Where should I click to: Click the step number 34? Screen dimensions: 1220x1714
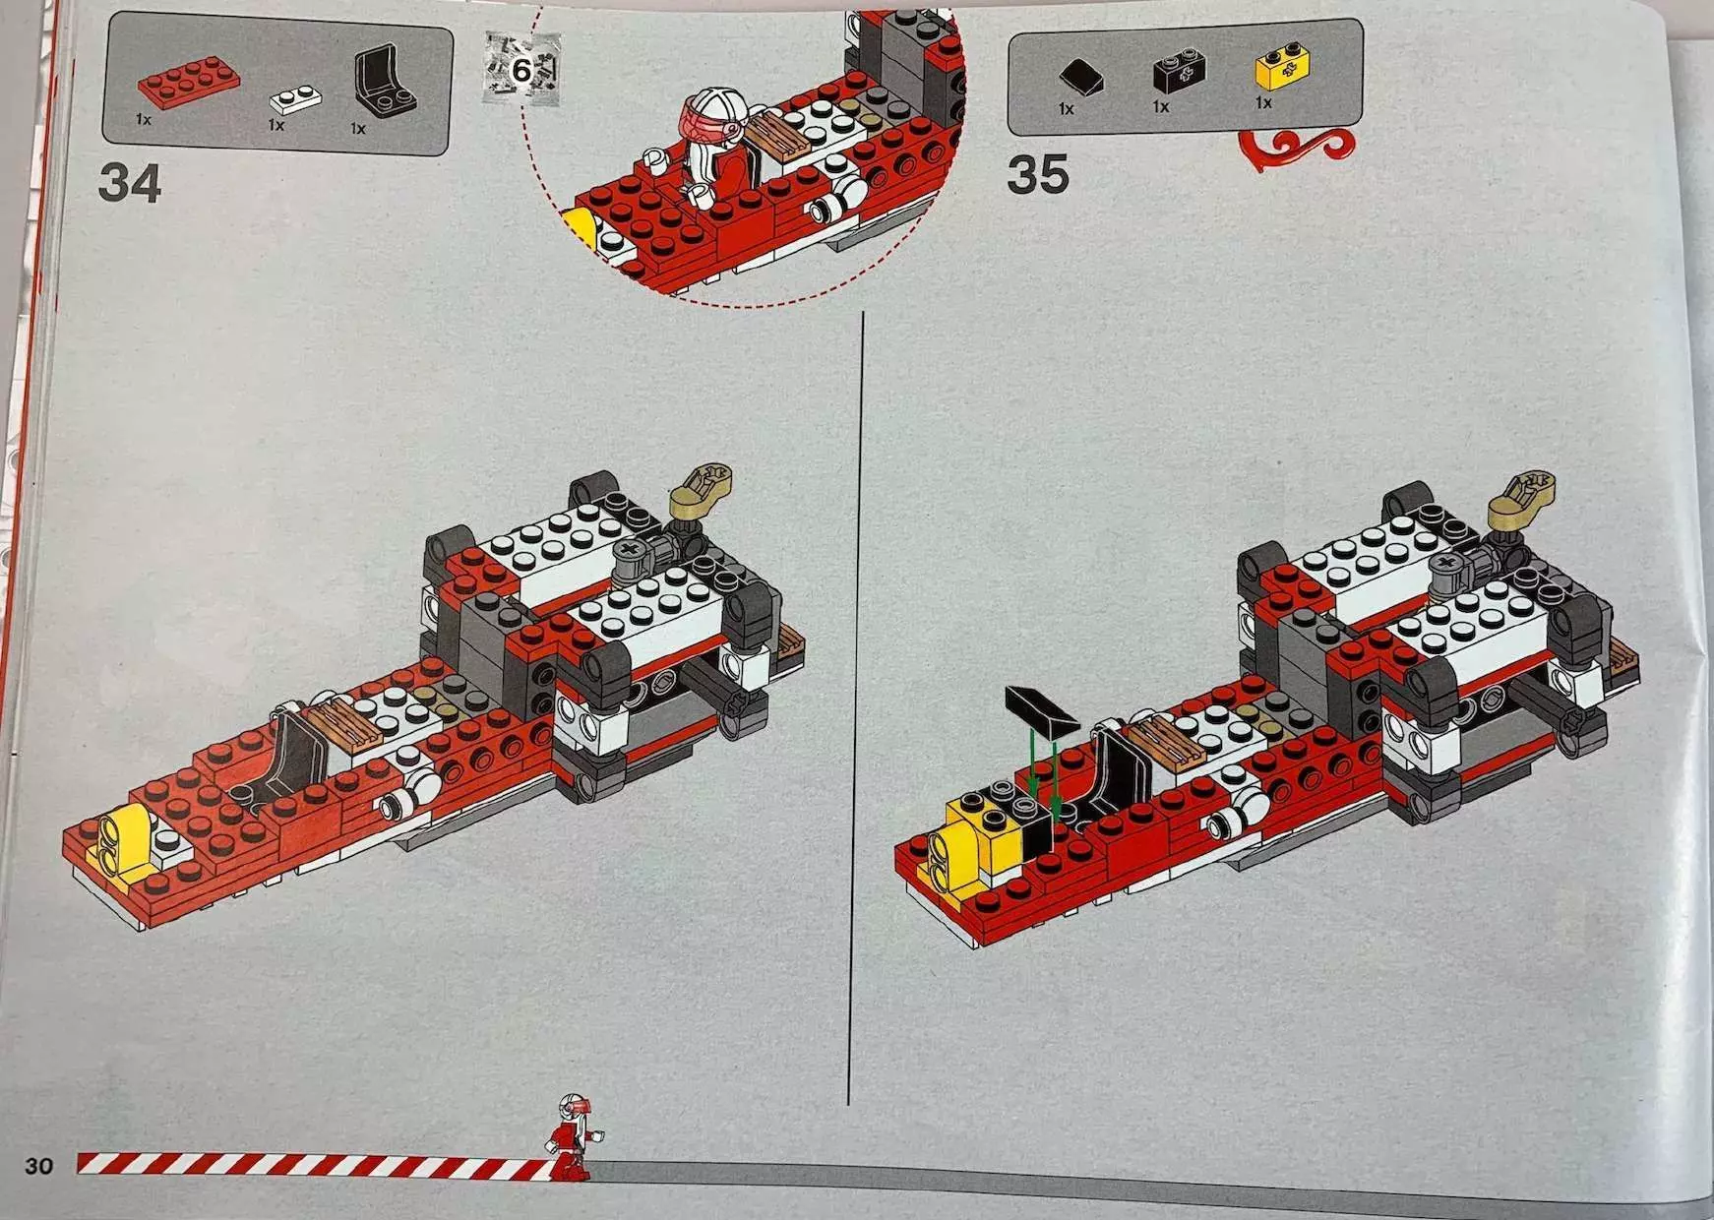(129, 184)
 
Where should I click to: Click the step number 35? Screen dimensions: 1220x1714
(1037, 175)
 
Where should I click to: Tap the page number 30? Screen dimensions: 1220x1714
(38, 1166)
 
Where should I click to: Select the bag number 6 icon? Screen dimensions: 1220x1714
(521, 67)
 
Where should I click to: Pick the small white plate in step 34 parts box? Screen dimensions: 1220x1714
(295, 98)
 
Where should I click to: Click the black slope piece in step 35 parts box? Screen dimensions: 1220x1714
(1080, 77)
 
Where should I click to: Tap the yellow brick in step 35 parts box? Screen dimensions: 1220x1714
(1282, 69)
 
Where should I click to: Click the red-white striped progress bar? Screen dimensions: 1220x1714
(315, 1165)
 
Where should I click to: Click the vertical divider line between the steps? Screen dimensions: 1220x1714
(854, 708)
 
